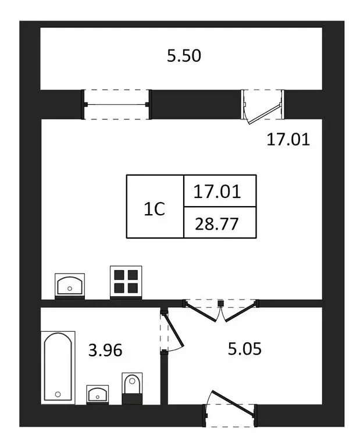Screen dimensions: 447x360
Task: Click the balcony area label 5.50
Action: (x=184, y=56)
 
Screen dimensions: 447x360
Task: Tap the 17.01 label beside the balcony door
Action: (x=288, y=140)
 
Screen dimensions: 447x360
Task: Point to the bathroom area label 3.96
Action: (x=105, y=350)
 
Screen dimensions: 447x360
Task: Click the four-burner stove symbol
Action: (x=126, y=282)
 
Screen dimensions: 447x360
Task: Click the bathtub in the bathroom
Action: (x=58, y=367)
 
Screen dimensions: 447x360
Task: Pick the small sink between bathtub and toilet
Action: (x=97, y=394)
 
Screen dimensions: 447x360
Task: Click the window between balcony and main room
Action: (x=116, y=104)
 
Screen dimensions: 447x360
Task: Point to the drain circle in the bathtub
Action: (x=58, y=394)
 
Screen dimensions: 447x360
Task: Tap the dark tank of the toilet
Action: (x=132, y=399)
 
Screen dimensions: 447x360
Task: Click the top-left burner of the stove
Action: (x=120, y=276)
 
